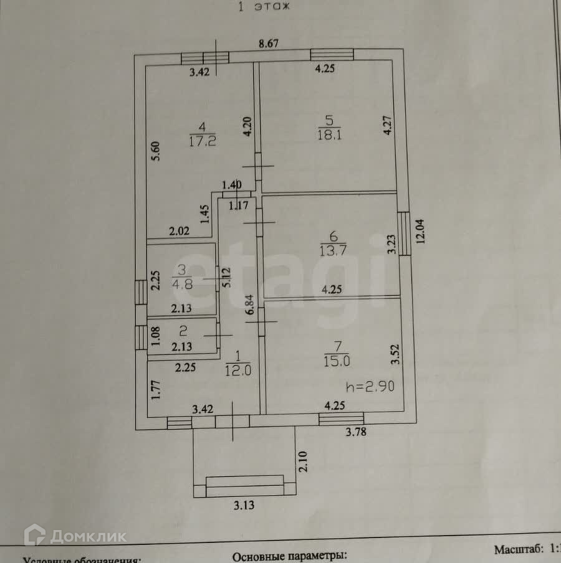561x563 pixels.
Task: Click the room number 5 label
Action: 329,119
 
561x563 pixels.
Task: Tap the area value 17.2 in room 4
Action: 202,141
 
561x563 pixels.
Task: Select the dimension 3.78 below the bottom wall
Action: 357,433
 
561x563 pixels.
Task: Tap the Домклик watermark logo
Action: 78,536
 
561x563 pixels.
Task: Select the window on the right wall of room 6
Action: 404,233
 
